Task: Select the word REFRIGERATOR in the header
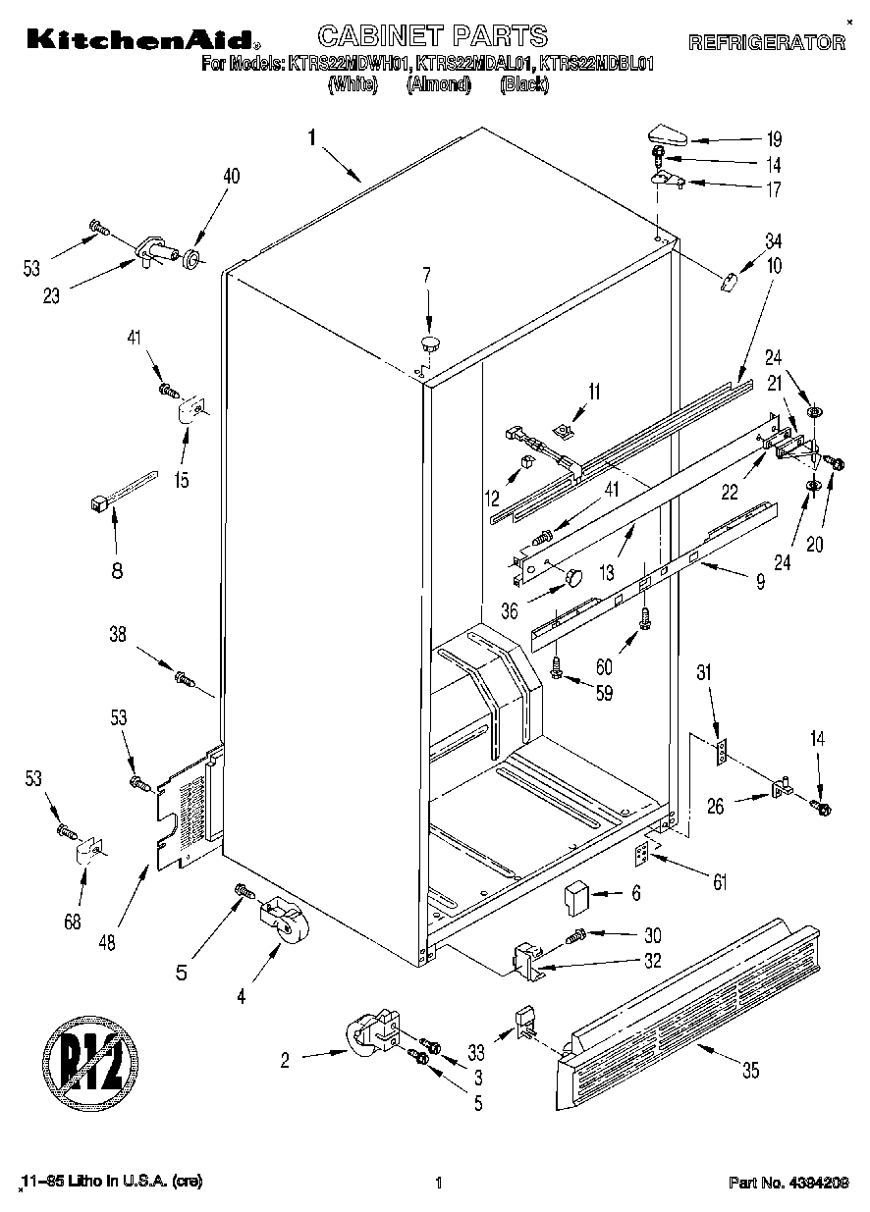coord(766,43)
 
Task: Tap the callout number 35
coord(750,1071)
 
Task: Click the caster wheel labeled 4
coord(282,923)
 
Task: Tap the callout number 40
coord(232,177)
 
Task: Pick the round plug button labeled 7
coord(430,343)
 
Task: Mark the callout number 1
coord(311,138)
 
